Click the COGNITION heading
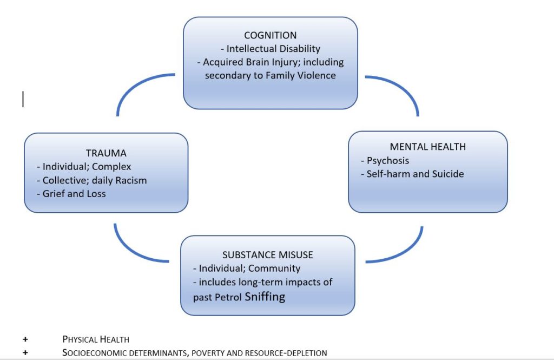pos(270,36)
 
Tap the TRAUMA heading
pos(106,153)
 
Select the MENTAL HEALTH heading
pos(427,147)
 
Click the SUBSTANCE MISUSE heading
pos(268,254)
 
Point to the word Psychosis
pos(388,161)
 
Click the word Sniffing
pos(265,296)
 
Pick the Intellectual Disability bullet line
pos(270,49)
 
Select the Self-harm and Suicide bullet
pos(415,174)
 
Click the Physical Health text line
pos(96,339)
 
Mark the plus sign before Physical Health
pos(25,339)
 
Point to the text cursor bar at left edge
pos(23,99)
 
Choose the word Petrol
pos(229,297)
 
